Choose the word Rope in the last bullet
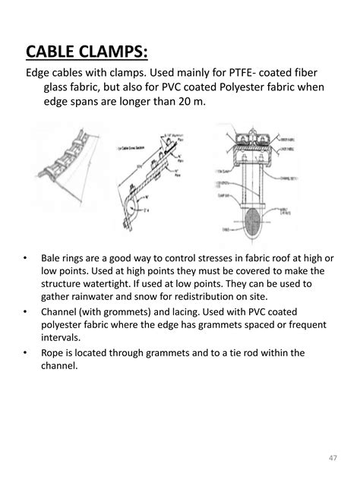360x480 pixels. (54, 352)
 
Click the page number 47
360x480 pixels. (333, 456)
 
